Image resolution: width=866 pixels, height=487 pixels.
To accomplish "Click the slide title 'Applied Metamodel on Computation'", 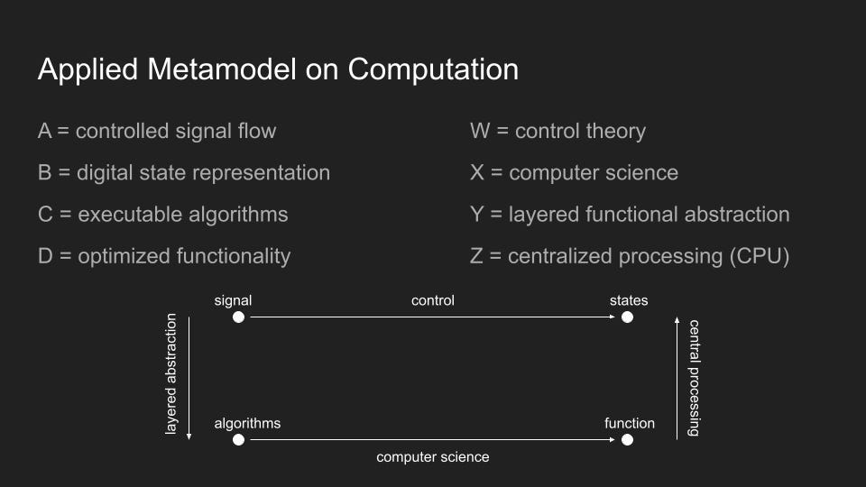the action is coord(279,70).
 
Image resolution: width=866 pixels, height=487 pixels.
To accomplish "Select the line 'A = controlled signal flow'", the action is coord(157,132).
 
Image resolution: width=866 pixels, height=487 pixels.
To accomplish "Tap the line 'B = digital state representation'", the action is coord(184,173).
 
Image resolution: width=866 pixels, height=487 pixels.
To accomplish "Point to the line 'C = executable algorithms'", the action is coord(163,215).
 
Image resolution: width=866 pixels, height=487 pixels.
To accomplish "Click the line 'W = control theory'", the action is coord(557,132).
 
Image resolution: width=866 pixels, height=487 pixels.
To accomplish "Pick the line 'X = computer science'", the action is coord(574,173).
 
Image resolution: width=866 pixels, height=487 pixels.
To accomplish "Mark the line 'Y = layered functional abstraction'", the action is coord(630,215).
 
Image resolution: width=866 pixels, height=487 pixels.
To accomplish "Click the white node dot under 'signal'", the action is coord(238,317).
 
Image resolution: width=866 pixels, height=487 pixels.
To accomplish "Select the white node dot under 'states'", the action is coord(628,317).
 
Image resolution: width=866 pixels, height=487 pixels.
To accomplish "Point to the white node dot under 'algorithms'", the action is coord(238,439).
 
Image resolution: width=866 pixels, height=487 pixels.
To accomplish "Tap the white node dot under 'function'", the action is coord(628,439).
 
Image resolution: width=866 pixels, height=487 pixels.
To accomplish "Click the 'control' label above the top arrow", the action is coord(433,300).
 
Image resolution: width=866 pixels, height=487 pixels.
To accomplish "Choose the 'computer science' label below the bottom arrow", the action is coord(433,457).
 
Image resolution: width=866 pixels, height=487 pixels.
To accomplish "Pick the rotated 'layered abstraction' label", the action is coord(171,373).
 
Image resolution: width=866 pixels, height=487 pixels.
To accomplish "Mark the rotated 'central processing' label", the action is coord(694,378).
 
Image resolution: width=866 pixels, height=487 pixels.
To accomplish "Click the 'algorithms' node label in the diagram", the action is coord(247,424).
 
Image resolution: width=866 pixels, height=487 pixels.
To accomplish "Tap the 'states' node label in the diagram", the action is coord(629,300).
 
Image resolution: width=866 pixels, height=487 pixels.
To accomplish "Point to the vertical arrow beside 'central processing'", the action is coord(677,378).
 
